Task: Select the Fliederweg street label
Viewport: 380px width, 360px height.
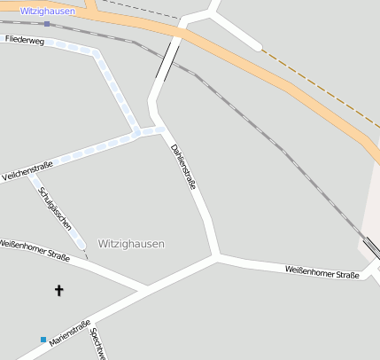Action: click(24, 40)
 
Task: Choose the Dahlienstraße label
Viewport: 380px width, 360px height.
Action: click(183, 167)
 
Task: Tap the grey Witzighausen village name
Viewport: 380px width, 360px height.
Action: click(131, 243)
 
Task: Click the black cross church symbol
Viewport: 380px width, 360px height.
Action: click(59, 289)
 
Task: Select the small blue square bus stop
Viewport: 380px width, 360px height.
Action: click(43, 339)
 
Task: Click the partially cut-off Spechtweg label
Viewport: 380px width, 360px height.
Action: click(98, 344)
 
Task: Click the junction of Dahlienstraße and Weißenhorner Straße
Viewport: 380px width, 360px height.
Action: click(216, 257)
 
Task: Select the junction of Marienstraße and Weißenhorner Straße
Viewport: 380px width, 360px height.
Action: click(144, 290)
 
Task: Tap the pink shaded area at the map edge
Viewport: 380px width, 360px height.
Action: click(372, 213)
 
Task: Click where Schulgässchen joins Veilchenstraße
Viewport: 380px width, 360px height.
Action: click(33, 171)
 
